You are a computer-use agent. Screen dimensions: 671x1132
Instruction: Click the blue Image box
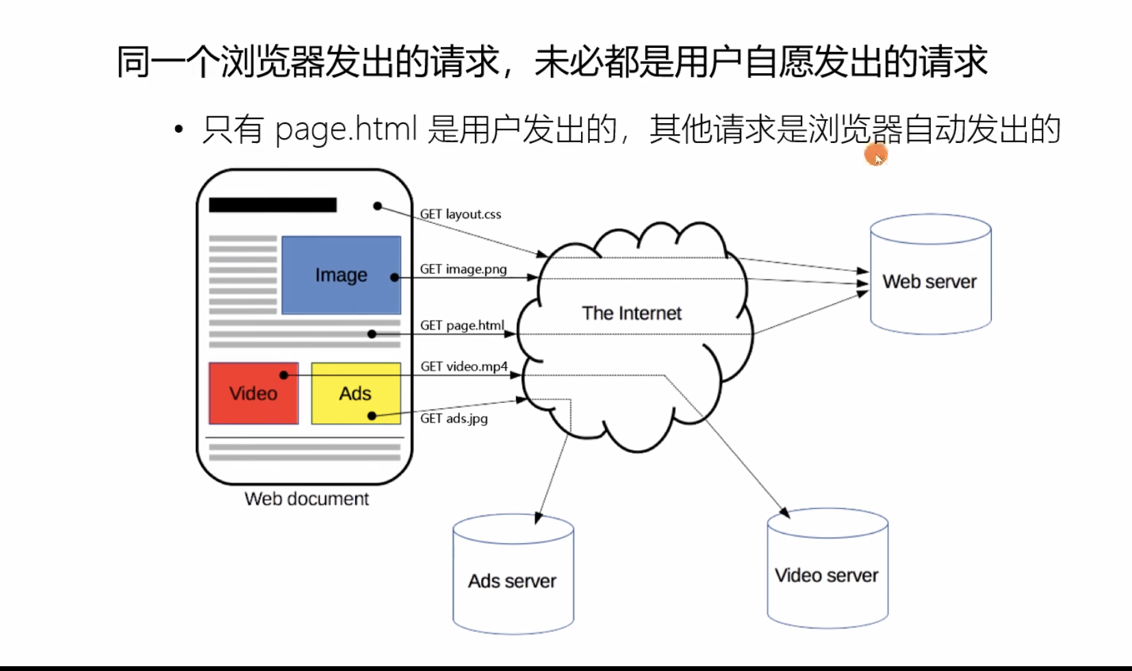point(341,275)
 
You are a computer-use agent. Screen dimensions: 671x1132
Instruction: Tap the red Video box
point(253,393)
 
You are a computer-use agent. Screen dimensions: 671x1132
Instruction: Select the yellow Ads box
point(355,393)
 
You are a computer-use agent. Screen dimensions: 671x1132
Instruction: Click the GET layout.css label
point(460,214)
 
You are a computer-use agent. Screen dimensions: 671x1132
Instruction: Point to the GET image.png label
point(463,269)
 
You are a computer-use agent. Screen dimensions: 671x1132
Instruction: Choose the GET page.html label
point(462,325)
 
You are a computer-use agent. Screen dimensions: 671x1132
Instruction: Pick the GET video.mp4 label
point(464,367)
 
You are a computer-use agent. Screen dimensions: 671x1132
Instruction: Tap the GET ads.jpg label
point(454,418)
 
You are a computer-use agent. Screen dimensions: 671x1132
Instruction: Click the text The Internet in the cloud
point(631,313)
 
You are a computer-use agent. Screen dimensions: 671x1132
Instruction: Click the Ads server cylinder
point(513,575)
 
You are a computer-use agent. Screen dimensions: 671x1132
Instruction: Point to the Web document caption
point(307,499)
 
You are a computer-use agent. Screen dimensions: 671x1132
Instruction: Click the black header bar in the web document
point(272,205)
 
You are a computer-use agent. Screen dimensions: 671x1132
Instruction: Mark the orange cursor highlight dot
point(875,155)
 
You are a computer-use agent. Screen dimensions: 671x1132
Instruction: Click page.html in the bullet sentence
point(346,129)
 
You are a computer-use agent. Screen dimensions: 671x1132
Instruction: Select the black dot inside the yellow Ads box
point(372,416)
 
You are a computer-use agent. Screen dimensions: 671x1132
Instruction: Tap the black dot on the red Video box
point(284,375)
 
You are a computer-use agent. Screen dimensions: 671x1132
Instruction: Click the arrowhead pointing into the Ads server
point(538,518)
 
